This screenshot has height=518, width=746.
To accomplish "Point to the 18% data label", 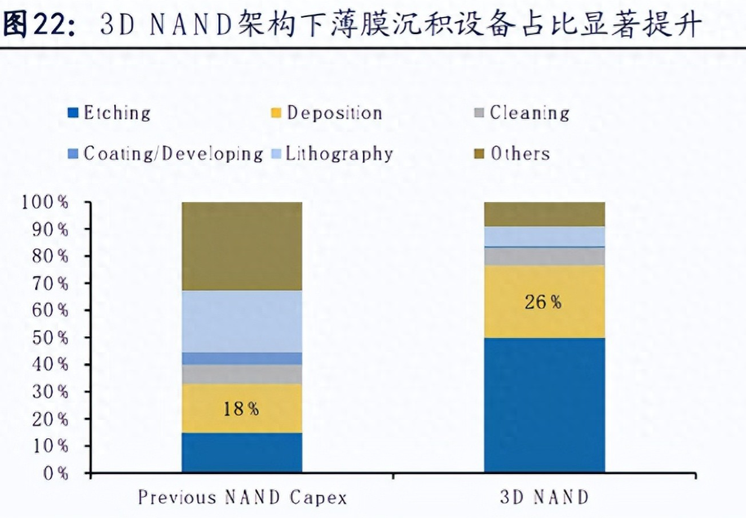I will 241,409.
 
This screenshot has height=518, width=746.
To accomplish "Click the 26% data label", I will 543,302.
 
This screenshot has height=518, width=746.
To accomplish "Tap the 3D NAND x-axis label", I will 545,497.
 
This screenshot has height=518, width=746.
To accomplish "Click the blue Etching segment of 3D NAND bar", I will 545,405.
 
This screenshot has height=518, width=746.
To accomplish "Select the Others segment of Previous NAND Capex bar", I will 241,246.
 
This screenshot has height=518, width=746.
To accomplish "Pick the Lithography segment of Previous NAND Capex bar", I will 241,321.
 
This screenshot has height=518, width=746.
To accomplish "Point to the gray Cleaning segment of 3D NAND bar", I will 545,257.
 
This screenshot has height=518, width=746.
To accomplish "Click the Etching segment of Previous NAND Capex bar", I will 241,452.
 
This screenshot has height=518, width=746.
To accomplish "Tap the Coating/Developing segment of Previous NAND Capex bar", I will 241,358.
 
